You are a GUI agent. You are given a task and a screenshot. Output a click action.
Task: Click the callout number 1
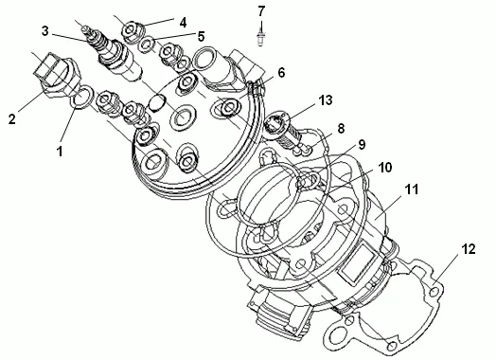tap(60, 151)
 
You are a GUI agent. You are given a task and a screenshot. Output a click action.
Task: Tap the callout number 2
tap(12, 119)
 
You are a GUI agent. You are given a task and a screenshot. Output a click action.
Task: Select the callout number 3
tap(44, 31)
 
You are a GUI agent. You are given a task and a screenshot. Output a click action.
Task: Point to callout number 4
tap(183, 23)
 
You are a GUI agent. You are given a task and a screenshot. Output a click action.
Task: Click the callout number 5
tap(202, 36)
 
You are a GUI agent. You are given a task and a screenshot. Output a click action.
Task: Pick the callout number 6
tap(281, 73)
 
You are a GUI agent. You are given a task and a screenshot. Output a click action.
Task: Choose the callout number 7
tap(261, 11)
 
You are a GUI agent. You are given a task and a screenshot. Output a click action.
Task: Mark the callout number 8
tap(341, 129)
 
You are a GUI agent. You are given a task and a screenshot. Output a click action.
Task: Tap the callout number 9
tap(362, 145)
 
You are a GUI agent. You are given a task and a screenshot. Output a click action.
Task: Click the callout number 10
tap(385, 168)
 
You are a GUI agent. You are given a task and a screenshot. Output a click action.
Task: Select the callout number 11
tap(412, 189)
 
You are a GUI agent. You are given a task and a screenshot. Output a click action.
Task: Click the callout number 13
tap(326, 100)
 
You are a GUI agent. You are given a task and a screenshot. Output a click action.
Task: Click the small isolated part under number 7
tap(260, 37)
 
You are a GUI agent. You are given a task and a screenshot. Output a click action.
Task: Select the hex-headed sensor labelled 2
tap(57, 76)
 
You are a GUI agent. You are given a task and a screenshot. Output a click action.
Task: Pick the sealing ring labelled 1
tap(81, 97)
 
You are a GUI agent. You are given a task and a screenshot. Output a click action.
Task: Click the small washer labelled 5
tap(147, 44)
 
